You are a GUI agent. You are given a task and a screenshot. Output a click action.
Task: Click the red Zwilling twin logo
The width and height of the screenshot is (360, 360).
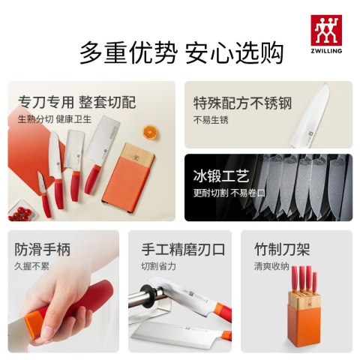(326, 30)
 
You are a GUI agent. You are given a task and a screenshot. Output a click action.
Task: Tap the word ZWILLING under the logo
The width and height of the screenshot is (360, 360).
(326, 51)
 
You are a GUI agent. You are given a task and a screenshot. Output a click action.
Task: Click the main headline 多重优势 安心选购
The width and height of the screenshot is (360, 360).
(181, 53)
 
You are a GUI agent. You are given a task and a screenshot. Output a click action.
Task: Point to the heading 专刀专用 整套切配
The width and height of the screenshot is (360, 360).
(77, 102)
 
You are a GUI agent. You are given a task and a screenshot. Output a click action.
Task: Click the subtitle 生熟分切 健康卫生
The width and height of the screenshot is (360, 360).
(55, 119)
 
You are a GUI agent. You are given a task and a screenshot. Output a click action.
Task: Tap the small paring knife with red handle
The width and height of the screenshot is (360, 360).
(44, 194)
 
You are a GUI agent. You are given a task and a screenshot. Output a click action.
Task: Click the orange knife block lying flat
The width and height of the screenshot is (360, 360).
(129, 179)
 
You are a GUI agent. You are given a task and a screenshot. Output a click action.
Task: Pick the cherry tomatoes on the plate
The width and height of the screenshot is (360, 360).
(21, 214)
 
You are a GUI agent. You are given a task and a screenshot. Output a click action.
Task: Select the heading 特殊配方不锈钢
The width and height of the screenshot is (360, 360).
(242, 103)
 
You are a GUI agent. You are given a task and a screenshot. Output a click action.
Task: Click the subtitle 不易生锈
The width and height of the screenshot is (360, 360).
(211, 120)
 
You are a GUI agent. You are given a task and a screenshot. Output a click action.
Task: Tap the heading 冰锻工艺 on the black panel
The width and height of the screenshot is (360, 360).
(221, 176)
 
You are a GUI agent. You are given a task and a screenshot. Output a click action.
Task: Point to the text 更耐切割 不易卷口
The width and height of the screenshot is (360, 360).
(229, 193)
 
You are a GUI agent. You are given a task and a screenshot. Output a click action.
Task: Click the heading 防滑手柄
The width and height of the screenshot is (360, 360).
(43, 250)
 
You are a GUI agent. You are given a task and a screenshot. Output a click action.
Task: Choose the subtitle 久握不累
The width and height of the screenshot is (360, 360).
(31, 266)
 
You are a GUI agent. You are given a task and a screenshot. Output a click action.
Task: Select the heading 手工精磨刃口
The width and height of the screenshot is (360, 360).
(183, 250)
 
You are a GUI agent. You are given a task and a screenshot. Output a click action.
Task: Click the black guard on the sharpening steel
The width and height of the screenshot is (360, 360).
(148, 296)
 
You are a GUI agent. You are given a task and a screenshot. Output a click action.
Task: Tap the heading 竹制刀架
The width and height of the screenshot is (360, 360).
(282, 250)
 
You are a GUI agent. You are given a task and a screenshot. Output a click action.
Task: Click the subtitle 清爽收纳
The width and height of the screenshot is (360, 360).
(271, 266)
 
